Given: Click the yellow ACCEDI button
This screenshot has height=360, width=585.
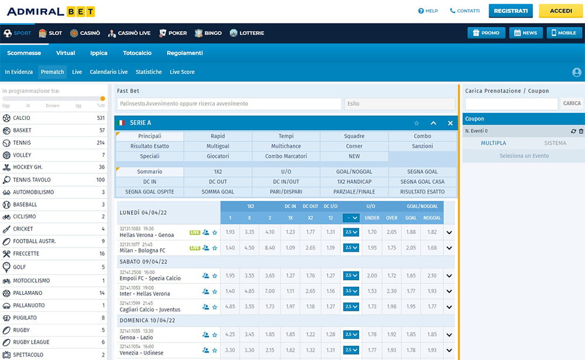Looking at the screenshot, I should click(x=560, y=11).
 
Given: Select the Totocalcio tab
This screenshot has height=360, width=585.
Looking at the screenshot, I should click(x=137, y=53).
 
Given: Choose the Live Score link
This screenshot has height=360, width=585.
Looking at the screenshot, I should click(x=182, y=72).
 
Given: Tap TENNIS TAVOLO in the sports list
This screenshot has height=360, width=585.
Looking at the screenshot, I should click(x=32, y=180).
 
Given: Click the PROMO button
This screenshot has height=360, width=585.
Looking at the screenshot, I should click(x=486, y=33).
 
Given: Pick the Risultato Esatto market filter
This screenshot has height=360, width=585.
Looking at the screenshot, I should click(x=149, y=146).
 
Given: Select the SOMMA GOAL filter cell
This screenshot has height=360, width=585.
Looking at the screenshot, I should click(x=218, y=191).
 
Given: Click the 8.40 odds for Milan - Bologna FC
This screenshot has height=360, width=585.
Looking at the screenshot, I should click(x=270, y=248).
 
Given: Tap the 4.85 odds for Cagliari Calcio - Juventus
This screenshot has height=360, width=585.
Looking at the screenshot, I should click(x=230, y=306).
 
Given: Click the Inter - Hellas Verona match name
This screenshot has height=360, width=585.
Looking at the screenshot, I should click(x=145, y=293).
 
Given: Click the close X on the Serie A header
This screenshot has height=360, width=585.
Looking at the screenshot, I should click(x=450, y=123).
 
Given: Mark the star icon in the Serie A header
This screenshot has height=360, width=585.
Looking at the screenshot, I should click(x=417, y=123).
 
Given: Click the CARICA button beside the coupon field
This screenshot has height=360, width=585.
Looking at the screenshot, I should click(x=572, y=104).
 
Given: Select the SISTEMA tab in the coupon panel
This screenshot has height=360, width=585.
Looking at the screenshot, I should click(x=555, y=143).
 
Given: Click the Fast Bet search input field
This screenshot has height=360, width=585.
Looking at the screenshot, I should click(x=229, y=104).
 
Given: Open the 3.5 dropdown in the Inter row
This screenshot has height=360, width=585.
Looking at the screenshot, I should click(x=351, y=291).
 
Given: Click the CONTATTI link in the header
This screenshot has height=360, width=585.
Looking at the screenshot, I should click(x=464, y=11).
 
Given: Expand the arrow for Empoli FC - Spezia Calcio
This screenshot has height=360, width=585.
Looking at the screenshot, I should click(x=449, y=276).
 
